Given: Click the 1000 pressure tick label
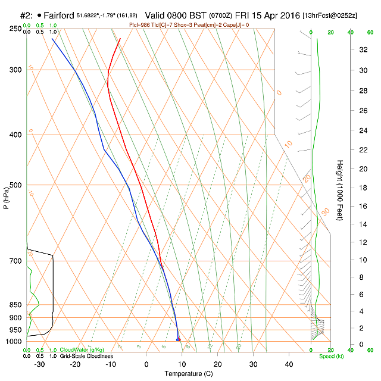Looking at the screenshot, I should click(14, 342).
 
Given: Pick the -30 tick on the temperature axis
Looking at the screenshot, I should click(39, 364).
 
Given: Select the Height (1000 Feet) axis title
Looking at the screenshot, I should click(340, 190).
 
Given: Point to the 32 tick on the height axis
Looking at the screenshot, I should click(346, 49).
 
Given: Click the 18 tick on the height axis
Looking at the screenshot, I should click(346, 188).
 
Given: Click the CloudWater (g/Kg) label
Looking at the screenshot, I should click(83, 350).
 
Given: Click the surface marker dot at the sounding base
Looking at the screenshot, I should click(178, 339).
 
